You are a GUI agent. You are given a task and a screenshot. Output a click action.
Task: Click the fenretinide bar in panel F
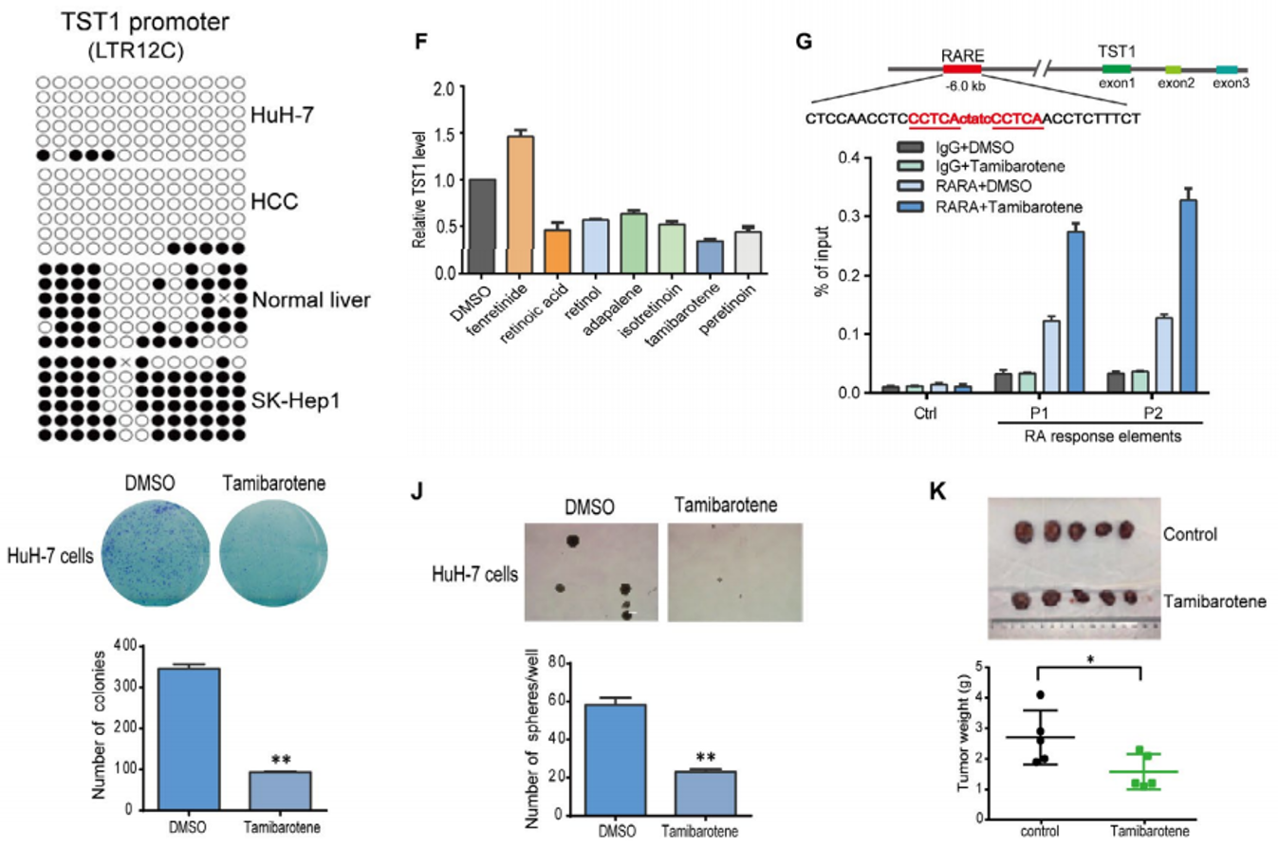520,204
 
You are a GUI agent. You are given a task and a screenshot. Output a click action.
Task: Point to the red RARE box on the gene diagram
961,69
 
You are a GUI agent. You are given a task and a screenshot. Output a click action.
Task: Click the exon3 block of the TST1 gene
1227,69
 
